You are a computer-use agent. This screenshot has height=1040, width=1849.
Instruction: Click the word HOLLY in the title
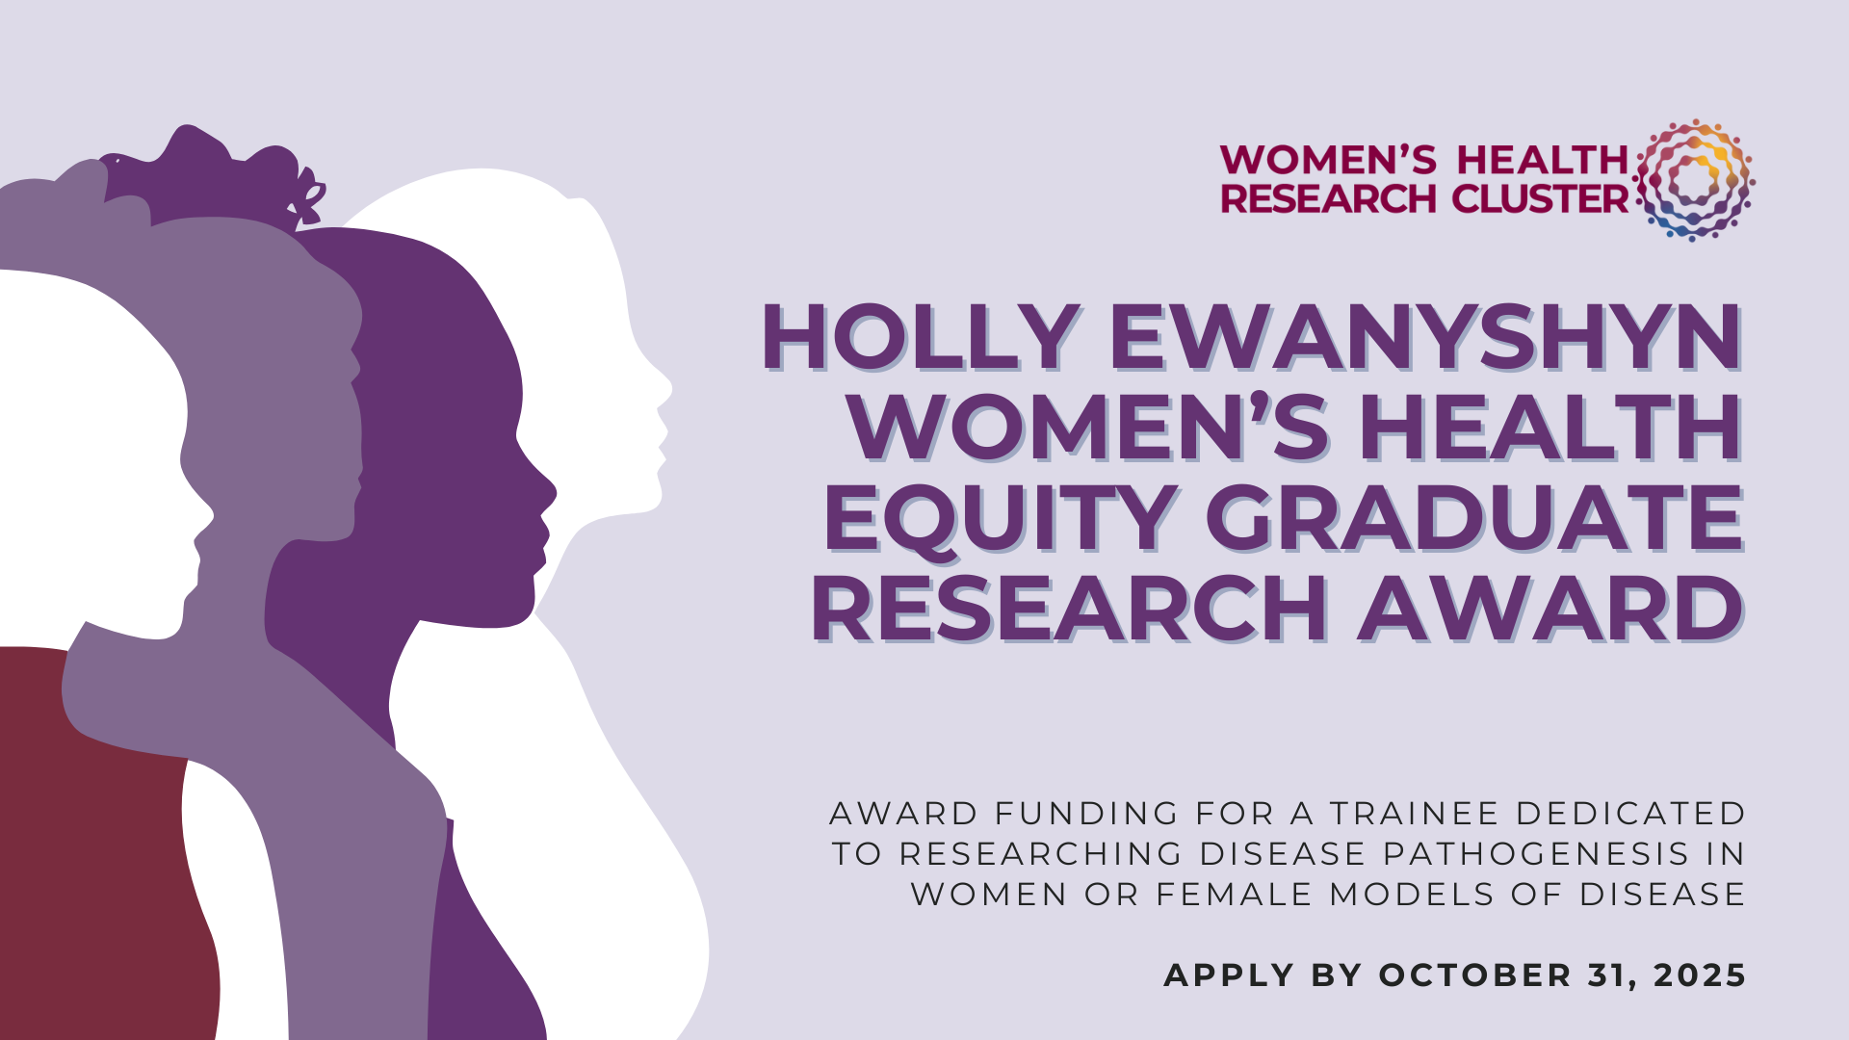tap(920, 337)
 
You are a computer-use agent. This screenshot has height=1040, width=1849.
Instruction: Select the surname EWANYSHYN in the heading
tap(1426, 337)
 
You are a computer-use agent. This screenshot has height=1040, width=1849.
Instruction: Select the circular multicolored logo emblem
tap(1694, 180)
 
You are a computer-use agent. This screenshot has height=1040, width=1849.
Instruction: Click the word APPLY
tap(1229, 975)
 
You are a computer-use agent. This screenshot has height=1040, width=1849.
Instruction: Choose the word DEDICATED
tap(1630, 814)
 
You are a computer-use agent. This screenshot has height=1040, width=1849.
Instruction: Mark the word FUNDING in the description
tap(1086, 814)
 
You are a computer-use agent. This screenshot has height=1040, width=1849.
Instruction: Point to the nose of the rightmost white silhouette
tap(664, 390)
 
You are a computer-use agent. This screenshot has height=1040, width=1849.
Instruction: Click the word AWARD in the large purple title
tap(1550, 609)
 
